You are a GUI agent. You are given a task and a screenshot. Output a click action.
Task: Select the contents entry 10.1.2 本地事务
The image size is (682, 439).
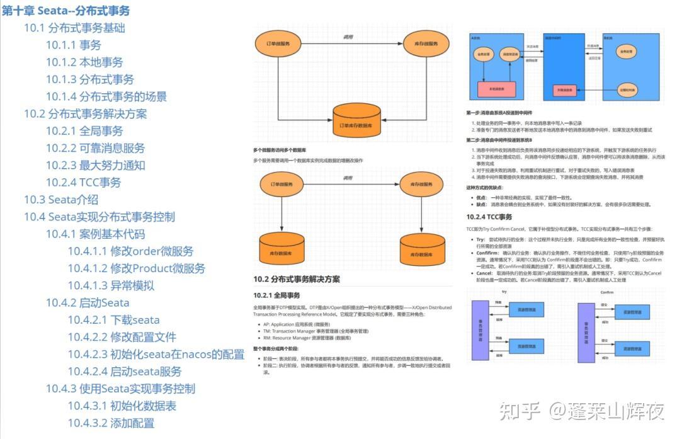tap(84, 62)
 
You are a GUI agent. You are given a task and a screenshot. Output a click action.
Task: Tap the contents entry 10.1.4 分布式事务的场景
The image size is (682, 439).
tap(106, 96)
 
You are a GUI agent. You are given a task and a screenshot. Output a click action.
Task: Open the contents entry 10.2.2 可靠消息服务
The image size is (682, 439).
tap(95, 148)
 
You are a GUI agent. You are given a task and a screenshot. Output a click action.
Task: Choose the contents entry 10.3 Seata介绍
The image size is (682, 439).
tap(61, 200)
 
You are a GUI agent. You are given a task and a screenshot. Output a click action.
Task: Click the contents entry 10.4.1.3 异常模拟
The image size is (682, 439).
tap(111, 285)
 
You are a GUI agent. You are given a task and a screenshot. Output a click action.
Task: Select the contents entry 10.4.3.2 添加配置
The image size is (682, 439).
tap(111, 423)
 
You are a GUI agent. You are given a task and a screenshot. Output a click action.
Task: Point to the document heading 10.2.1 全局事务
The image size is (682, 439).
tap(276, 295)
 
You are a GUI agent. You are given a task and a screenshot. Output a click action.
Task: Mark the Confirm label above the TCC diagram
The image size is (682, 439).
tap(606, 293)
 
